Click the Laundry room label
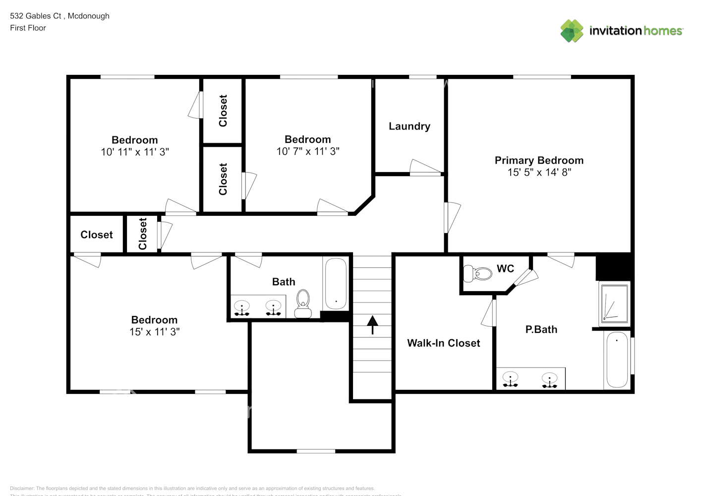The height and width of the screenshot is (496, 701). click(409, 126)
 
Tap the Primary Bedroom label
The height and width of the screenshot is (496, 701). click(539, 160)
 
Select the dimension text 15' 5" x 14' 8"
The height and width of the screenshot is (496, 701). click(539, 173)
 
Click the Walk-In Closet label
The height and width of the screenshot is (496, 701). click(443, 343)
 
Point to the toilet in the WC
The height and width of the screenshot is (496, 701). click(476, 273)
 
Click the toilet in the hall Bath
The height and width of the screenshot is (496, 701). click(302, 303)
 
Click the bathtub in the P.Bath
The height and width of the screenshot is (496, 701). click(617, 360)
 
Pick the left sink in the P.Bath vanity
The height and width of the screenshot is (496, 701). click(510, 379)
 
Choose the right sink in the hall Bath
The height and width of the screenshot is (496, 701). click(273, 308)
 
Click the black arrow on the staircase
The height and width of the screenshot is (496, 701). click(372, 325)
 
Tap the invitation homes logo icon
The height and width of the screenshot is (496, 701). click(572, 31)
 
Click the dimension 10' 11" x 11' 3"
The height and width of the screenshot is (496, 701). click(135, 152)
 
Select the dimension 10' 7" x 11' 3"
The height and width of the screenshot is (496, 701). click(307, 152)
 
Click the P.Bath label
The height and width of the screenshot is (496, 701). click(541, 330)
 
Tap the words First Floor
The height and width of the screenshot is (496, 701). click(28, 28)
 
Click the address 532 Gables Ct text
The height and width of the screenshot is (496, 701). click(36, 16)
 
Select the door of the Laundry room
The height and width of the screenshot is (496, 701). click(425, 168)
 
